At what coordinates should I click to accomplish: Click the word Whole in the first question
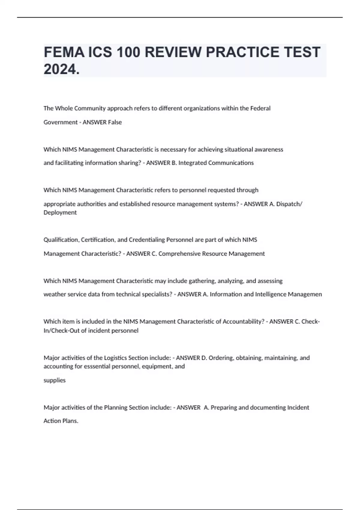(x=64, y=108)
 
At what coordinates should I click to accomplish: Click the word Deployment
(x=60, y=213)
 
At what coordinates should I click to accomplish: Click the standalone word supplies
(x=55, y=380)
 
